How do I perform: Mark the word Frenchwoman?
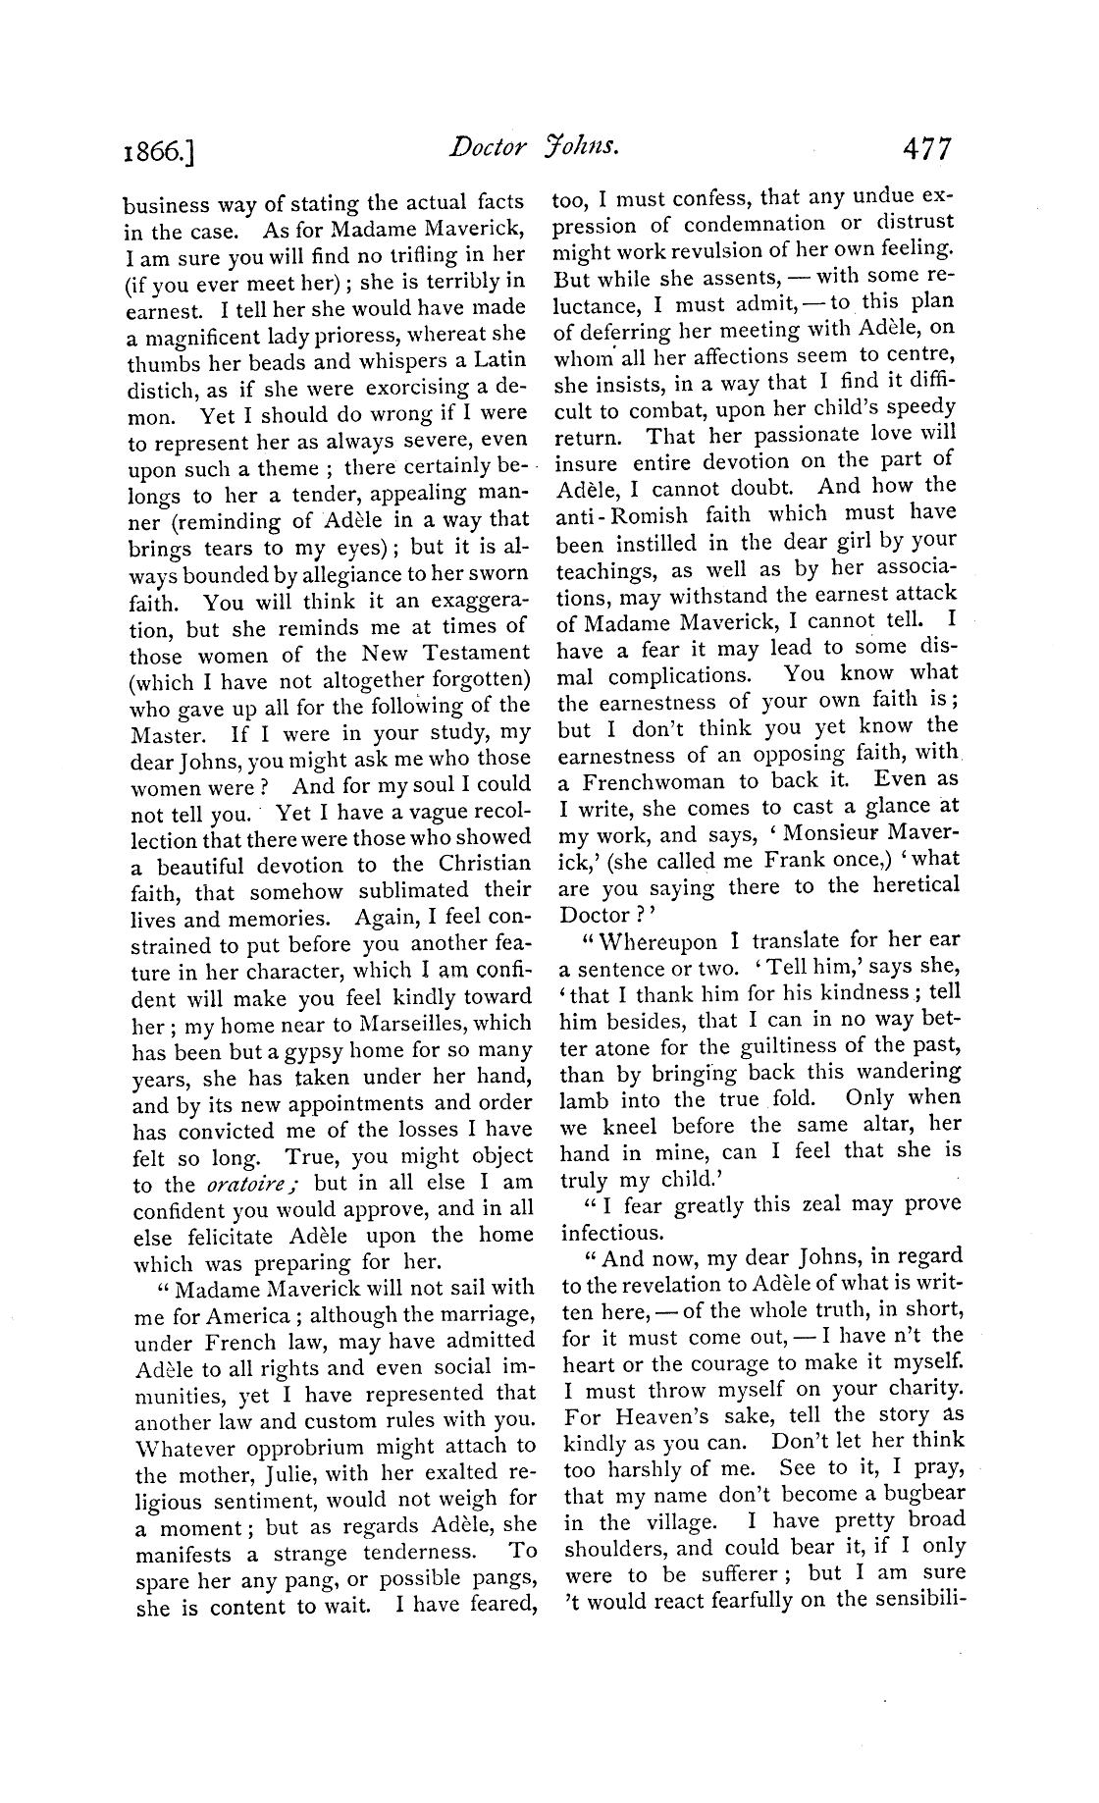pyautogui.click(x=655, y=781)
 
